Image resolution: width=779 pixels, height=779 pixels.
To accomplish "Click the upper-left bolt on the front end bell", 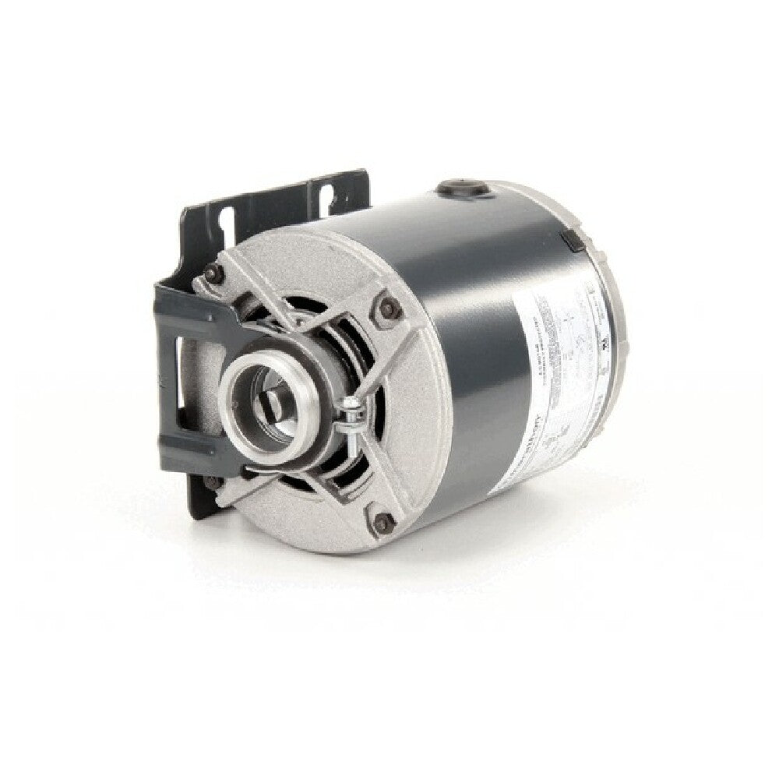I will pos(212,272).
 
